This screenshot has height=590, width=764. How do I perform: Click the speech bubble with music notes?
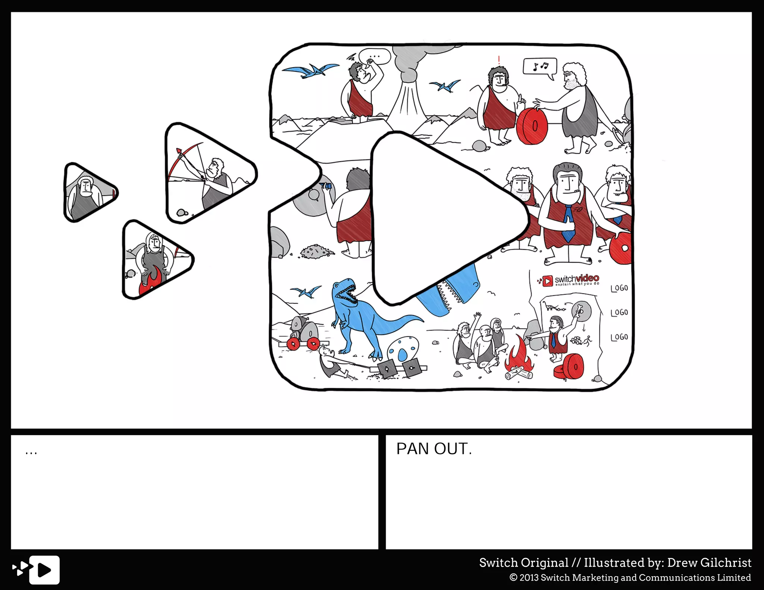[x=540, y=67]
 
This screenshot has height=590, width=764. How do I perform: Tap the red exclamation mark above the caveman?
[x=499, y=60]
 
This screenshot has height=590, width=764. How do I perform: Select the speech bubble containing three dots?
[x=375, y=57]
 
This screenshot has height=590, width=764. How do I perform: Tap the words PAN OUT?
[x=434, y=449]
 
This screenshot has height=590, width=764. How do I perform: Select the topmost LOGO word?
[x=619, y=288]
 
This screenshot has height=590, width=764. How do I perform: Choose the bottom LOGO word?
[x=619, y=337]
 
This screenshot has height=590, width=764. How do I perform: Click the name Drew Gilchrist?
[x=709, y=562]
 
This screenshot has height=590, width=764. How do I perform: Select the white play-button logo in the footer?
[x=44, y=570]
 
